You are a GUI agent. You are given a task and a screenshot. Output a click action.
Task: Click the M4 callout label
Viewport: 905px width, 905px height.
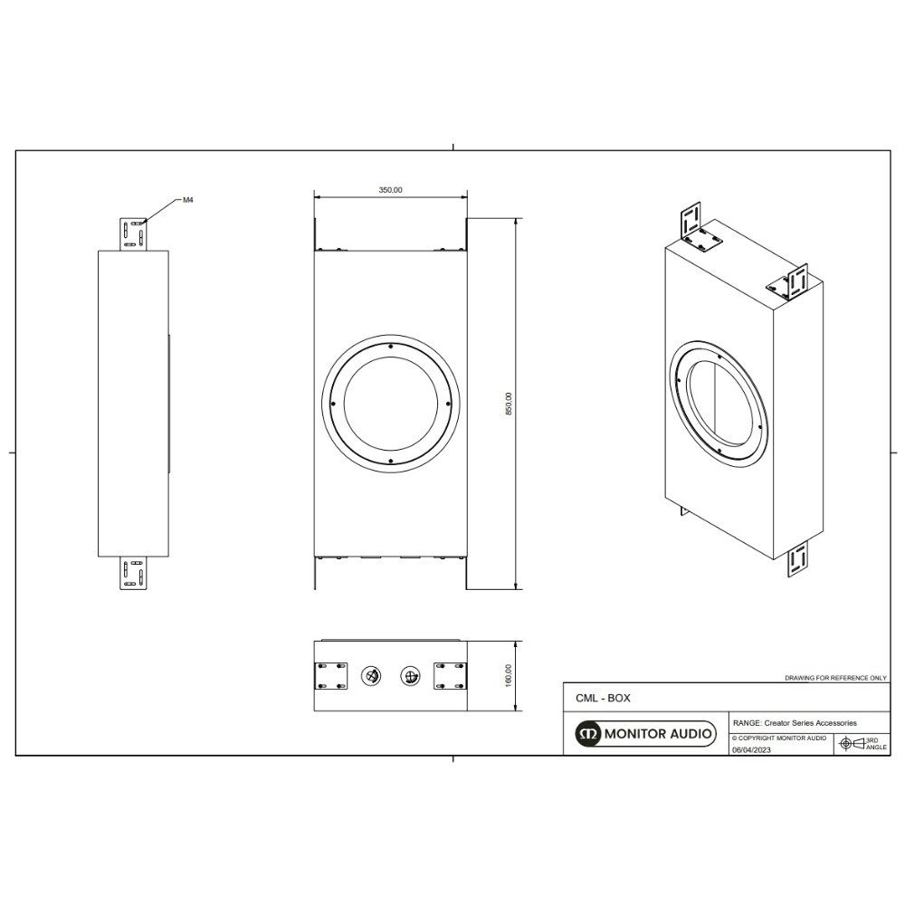coord(188,200)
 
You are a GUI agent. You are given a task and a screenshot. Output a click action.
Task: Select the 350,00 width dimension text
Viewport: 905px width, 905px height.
coord(390,190)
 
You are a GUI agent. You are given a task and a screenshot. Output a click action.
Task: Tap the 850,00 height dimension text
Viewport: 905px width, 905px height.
coord(509,404)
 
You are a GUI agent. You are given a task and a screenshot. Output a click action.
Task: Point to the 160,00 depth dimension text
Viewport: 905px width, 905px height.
coord(509,675)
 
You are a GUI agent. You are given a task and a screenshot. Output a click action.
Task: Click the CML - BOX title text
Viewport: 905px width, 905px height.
coord(603,699)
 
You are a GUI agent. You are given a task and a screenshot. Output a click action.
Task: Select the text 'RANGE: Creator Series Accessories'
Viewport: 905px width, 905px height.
coord(795,723)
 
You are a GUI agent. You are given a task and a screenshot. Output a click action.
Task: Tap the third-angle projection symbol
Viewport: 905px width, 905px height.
coord(853,743)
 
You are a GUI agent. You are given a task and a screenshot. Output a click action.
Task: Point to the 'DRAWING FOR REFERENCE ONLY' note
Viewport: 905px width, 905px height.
coord(835,677)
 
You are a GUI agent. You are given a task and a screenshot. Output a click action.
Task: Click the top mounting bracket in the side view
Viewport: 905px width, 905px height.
coord(133,233)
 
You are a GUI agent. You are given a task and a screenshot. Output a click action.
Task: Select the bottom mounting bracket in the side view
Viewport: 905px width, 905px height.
coord(133,574)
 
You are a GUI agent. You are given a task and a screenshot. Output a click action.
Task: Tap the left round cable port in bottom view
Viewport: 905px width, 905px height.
coord(370,676)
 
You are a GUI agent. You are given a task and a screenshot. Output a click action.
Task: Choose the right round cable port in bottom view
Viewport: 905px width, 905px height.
coord(410,676)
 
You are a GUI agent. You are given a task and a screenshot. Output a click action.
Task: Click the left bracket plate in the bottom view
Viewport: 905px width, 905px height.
coord(331,676)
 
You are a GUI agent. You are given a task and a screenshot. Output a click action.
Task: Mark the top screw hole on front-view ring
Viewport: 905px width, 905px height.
coord(390,347)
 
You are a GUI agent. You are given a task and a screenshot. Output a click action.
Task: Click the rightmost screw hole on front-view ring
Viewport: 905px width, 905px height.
coord(446,404)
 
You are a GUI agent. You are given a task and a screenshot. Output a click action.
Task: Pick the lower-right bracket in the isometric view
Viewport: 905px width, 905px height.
coord(797,560)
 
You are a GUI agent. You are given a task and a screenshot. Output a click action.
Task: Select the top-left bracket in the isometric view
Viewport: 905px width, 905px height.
coord(692,219)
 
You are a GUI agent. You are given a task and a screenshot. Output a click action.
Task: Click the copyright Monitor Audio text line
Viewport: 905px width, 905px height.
coord(778,738)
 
